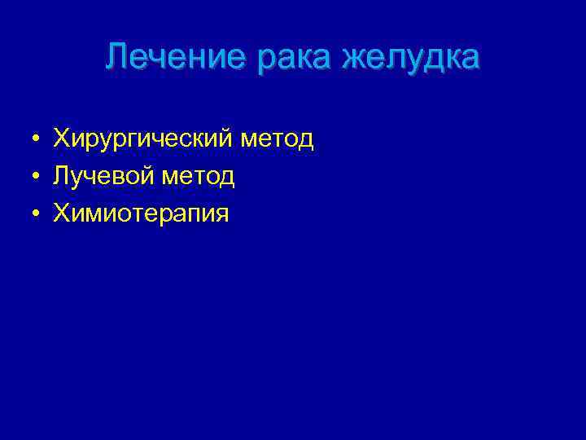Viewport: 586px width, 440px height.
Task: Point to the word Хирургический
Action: [143, 139]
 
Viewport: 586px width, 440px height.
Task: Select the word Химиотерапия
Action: [141, 213]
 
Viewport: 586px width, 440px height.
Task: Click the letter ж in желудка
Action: [358, 59]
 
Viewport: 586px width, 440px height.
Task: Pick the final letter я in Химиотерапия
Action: [222, 214]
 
